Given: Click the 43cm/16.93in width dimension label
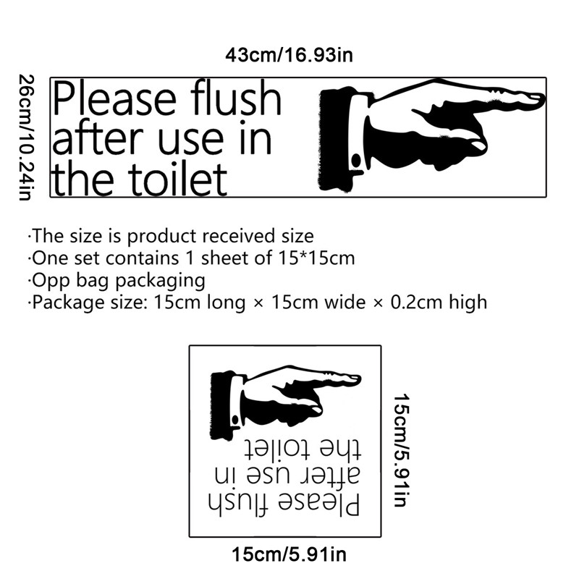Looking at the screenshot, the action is click(289, 56).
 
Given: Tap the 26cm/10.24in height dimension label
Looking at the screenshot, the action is click(26, 138).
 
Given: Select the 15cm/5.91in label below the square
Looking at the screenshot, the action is click(289, 554).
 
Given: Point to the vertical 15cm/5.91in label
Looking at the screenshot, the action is click(402, 450).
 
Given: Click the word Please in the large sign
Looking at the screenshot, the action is click(114, 99).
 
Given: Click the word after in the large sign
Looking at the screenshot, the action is click(98, 138).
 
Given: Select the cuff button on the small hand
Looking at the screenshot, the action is click(234, 420).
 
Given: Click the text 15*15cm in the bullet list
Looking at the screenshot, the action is click(316, 258).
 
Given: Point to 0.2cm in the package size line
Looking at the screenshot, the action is click(416, 302).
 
